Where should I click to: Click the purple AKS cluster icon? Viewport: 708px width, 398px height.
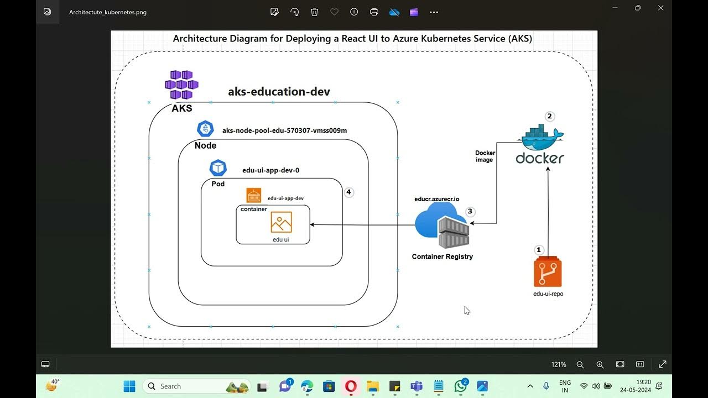[181, 85]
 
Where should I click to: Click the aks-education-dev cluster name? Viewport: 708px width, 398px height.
[279, 92]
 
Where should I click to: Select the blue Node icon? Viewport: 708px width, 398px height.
[205, 129]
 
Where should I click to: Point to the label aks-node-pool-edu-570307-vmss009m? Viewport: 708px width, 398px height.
[284, 130]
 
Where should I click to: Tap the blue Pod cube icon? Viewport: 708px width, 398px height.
[218, 167]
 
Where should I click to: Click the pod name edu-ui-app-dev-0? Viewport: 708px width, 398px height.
[270, 170]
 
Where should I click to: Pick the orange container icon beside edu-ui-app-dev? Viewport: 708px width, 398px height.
[254, 195]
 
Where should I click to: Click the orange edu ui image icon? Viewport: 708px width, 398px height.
[281, 222]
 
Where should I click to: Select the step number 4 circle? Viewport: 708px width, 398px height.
[348, 192]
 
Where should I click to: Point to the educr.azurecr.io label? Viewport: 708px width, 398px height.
[436, 199]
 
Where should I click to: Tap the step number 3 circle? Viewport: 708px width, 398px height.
[470, 211]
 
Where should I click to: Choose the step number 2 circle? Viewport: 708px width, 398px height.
[549, 116]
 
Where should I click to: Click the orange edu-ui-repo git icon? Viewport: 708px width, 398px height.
[548, 273]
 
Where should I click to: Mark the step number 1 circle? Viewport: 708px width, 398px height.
[539, 250]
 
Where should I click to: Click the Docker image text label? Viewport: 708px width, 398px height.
[485, 156]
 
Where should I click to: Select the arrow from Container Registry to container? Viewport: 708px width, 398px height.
[362, 225]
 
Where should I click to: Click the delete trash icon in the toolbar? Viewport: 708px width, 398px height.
[314, 12]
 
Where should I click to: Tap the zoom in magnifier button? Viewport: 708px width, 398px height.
[600, 364]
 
